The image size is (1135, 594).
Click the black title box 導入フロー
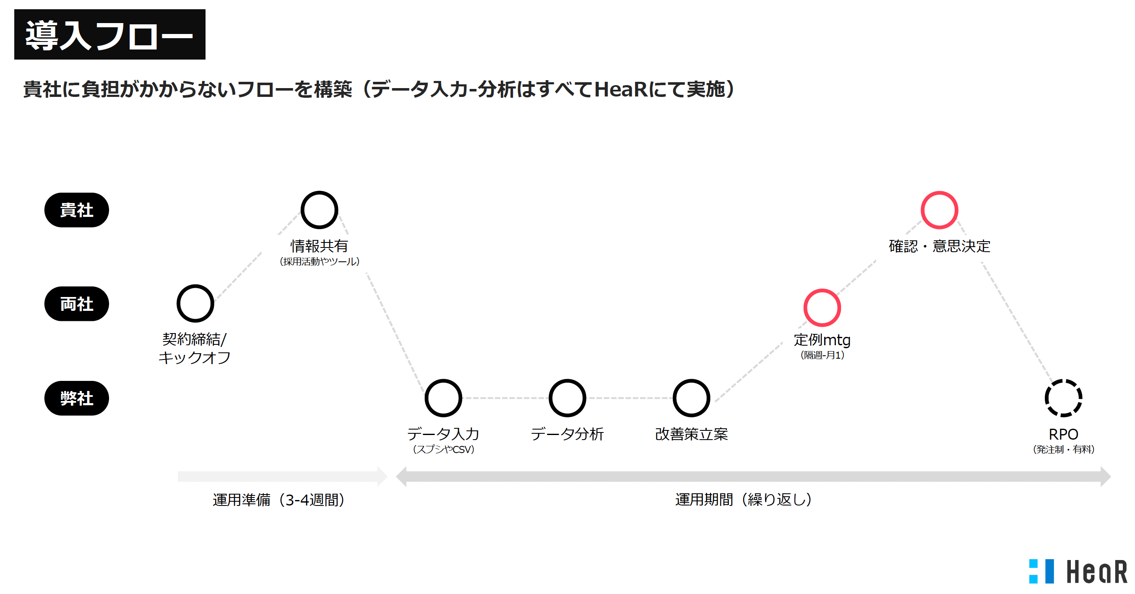110,34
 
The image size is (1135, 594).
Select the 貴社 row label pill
77,210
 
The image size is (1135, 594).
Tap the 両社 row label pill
77,304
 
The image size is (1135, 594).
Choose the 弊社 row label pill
77,398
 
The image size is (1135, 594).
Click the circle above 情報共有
319,210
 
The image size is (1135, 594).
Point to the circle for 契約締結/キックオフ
195,303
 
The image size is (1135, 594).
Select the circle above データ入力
443,398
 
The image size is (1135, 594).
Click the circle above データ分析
567,398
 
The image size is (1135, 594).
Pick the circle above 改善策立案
691,398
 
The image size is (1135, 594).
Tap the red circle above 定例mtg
822,307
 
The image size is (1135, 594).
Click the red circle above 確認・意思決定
939,210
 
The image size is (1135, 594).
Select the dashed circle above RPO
1063,398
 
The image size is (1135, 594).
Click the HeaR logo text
1096,571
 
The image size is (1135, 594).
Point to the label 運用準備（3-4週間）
279,500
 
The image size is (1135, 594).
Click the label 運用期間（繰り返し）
743,500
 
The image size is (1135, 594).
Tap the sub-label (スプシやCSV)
443,449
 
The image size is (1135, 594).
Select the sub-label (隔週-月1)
822,355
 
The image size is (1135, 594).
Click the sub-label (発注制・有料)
1063,449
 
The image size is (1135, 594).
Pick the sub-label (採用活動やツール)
320,262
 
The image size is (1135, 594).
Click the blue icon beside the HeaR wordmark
1041,571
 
